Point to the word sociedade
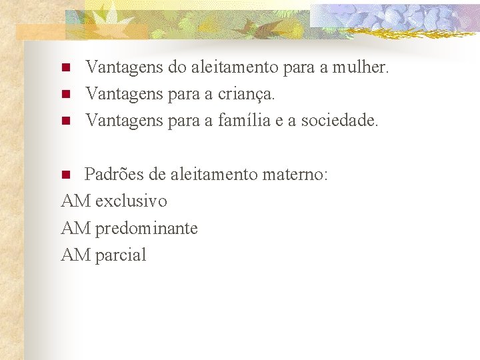point(339,121)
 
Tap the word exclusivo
point(131,201)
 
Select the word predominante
point(147,229)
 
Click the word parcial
point(121,255)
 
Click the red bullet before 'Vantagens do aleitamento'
point(65,68)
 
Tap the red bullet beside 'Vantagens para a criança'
point(65,95)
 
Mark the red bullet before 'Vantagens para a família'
point(65,121)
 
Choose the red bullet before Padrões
point(65,175)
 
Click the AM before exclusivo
point(75,201)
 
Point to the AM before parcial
point(75,255)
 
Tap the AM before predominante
point(75,229)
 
